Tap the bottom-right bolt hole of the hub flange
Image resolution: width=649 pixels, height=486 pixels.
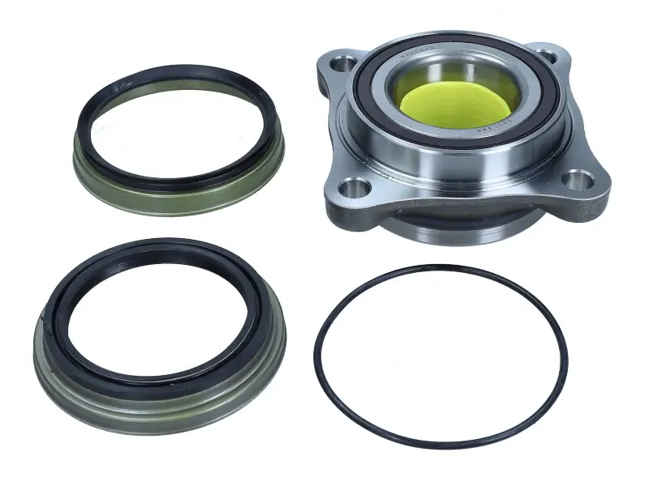click(578, 180)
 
